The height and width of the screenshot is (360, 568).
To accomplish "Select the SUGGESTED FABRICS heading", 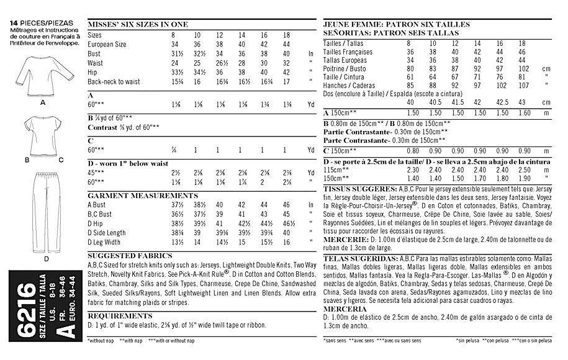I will coord(122,255).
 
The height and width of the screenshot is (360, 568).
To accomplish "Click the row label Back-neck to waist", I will coord(114,81).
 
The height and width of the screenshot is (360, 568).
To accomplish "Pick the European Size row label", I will coord(107,45).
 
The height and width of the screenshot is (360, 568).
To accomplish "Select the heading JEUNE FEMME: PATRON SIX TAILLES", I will coord(397,24).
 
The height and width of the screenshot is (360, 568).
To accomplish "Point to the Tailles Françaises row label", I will coord(348,52).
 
